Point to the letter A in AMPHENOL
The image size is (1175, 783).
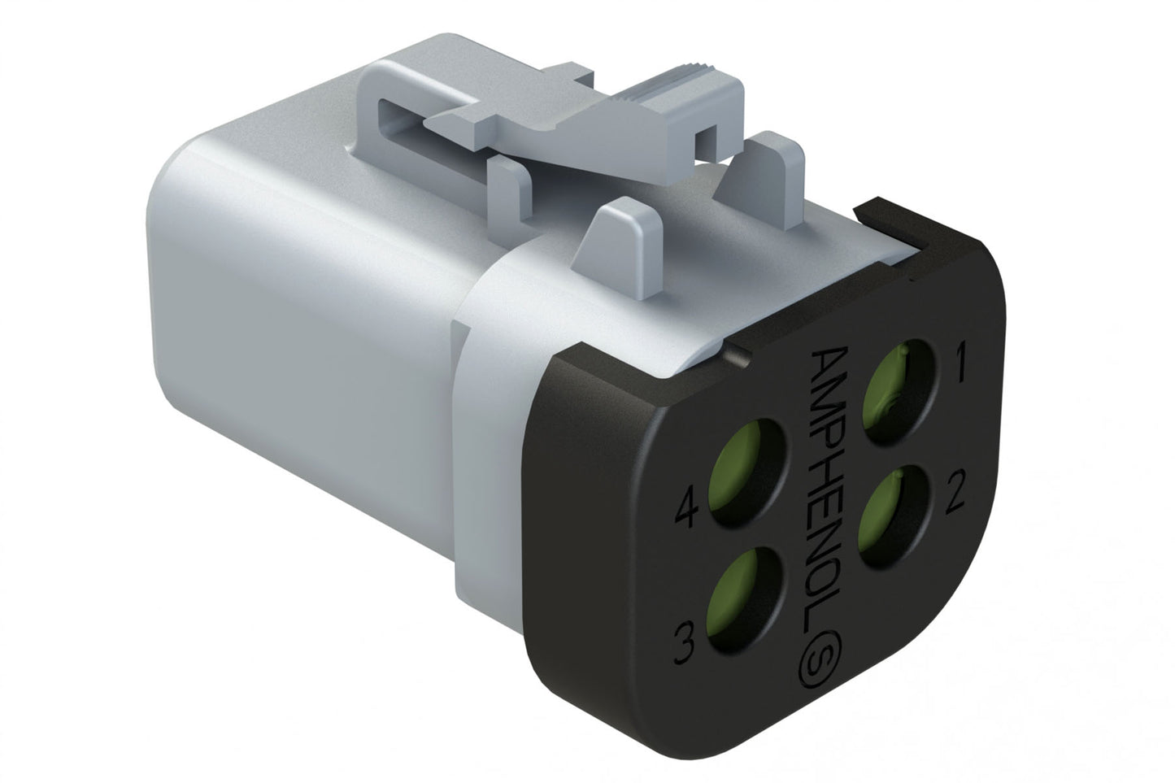point(831,363)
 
